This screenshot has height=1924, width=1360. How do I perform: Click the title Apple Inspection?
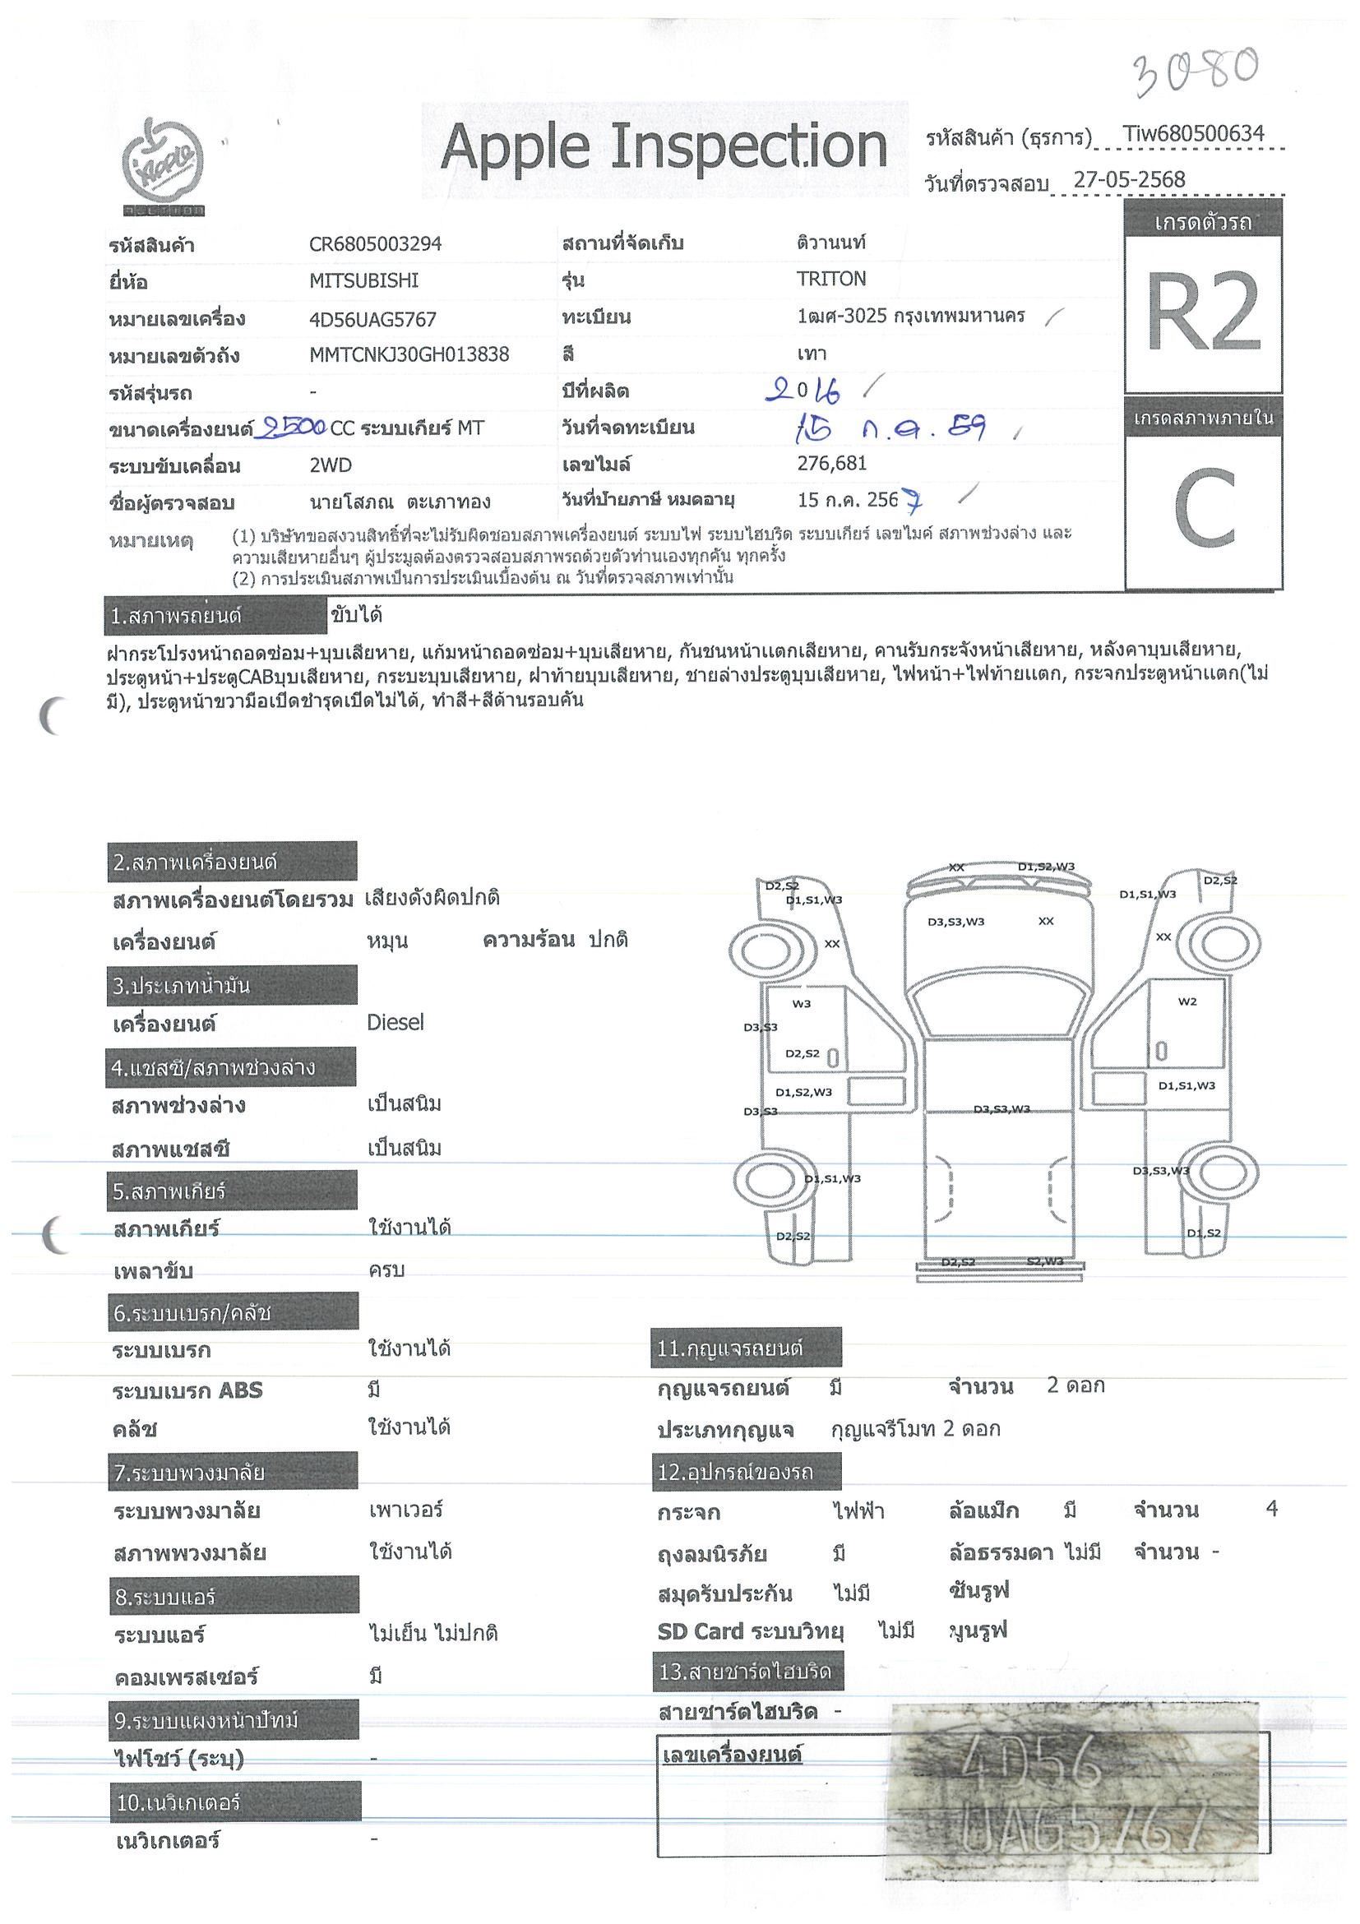coord(664,146)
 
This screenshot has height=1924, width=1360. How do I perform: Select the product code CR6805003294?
coord(375,244)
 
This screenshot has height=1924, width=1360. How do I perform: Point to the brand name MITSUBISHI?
coord(363,280)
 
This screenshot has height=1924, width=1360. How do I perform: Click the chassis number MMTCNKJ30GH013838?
coord(409,354)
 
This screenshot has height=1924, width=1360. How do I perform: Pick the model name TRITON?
coord(830,279)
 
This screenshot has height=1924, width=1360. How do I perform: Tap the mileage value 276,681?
coord(831,464)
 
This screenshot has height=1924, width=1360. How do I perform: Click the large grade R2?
coord(1202,312)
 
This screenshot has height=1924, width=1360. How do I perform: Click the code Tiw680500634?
coord(1192,133)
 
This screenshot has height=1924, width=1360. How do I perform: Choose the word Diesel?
coord(396,1022)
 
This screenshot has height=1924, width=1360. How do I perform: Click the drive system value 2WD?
coord(331,465)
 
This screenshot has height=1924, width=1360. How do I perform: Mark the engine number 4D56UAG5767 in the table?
coord(372,318)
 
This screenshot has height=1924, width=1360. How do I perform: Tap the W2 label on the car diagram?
coord(1187,1001)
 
